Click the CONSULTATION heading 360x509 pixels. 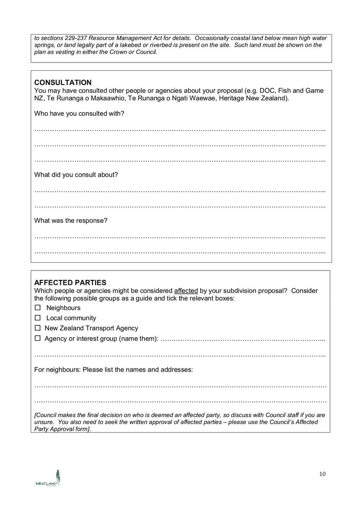point(63,82)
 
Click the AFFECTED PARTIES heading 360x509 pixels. point(70,283)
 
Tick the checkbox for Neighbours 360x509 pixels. point(38,308)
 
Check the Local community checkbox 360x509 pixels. point(38,318)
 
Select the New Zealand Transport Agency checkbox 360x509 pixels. point(38,328)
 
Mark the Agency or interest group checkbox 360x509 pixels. point(38,338)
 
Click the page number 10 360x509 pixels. point(322,473)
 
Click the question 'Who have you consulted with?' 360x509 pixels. point(79,113)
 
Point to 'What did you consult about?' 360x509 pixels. point(76,175)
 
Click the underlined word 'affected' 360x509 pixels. point(186,291)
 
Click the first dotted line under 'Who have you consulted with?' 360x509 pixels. point(180,130)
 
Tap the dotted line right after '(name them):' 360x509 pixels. point(243,339)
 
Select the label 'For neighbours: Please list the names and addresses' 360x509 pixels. point(113,369)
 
